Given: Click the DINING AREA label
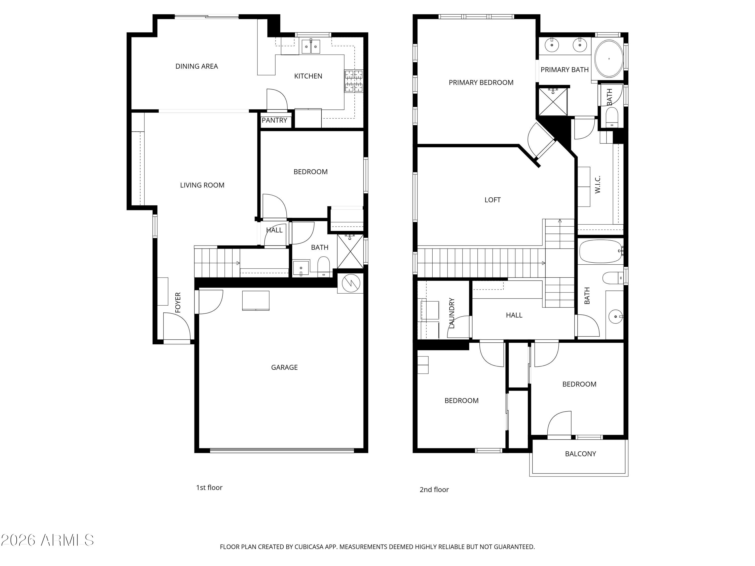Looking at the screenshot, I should click(197, 66).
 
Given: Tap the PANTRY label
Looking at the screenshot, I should click(274, 120).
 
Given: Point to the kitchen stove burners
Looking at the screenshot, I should click(354, 81).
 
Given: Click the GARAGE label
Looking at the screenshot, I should click(284, 368).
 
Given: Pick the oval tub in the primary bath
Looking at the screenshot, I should click(609, 59).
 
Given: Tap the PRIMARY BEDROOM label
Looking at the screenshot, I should click(481, 83).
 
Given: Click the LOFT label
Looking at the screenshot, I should click(493, 200).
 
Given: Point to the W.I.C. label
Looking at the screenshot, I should click(598, 185).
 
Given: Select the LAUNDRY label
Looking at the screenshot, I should click(451, 313).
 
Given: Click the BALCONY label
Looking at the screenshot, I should click(580, 454).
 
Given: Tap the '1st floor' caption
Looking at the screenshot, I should click(209, 488).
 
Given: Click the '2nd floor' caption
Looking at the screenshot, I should click(434, 490).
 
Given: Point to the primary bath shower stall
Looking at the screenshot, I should click(553, 102).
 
